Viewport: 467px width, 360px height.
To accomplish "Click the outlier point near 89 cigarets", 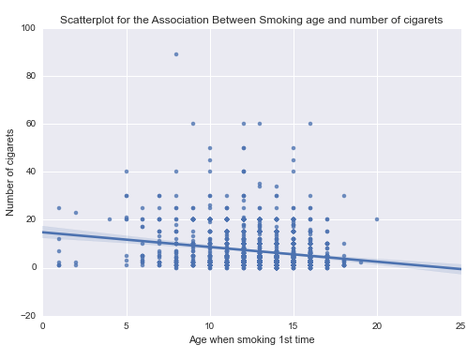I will (176, 54).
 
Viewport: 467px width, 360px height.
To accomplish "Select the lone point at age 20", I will (377, 219).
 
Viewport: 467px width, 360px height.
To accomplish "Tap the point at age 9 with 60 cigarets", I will (193, 124).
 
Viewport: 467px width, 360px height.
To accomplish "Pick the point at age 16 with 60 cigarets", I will (310, 124).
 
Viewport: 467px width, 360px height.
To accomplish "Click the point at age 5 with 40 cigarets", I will (127, 172).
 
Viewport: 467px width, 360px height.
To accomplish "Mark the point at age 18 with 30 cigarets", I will (344, 196).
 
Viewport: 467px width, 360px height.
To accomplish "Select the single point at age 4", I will (110, 219).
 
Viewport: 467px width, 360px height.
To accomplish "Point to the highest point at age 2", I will (76, 213).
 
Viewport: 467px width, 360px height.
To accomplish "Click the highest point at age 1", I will (59, 208).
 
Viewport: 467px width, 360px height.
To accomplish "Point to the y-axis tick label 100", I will (27, 29).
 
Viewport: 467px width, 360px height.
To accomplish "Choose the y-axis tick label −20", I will (27, 315).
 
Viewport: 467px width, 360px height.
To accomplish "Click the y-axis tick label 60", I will (30, 125).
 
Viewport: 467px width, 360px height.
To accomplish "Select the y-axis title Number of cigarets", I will (11, 172).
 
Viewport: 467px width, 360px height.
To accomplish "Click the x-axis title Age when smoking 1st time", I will (251, 339).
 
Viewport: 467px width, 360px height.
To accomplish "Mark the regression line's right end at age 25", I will (459, 269).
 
